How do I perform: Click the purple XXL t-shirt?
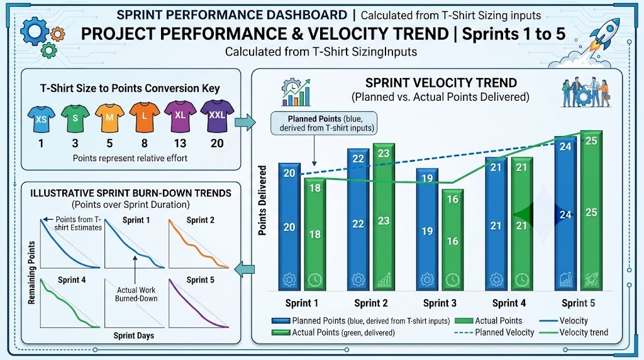[217, 116]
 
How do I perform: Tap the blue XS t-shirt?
[41, 119]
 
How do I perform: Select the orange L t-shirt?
[145, 116]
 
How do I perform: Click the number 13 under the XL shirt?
[180, 143]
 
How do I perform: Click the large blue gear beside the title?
[35, 31]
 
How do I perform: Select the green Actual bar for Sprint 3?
[453, 240]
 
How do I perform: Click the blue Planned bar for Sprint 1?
[289, 227]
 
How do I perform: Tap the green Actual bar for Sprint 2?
[384, 217]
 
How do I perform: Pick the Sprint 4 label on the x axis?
[509, 303]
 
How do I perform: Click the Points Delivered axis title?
[262, 200]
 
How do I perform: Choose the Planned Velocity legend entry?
[494, 332]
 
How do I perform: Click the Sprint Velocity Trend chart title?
[441, 83]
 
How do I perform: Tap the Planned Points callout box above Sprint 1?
[324, 123]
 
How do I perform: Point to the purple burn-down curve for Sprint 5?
[198, 305]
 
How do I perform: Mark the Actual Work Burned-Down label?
[136, 295]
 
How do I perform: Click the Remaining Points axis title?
[31, 273]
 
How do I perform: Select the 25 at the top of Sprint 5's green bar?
[591, 141]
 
